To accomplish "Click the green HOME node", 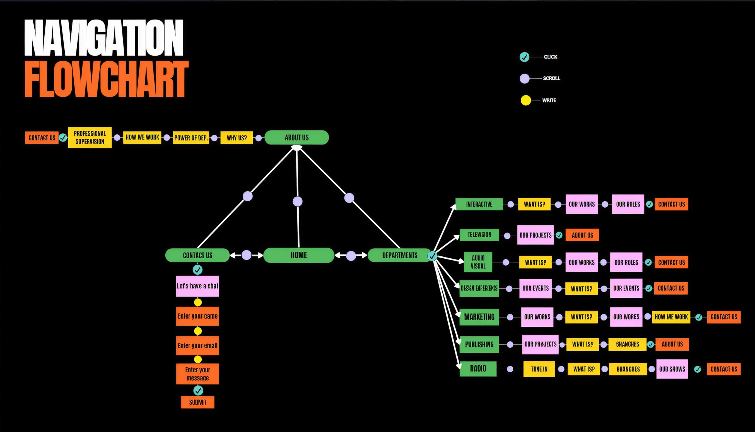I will [299, 255].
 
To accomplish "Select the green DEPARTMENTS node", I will [399, 256].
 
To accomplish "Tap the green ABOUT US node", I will [296, 137].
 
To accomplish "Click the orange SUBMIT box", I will [197, 402].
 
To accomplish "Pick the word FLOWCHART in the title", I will [106, 79].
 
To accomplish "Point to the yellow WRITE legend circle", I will [525, 100].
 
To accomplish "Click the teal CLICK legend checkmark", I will [524, 57].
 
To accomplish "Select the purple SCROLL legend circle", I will [525, 79].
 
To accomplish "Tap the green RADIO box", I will [478, 368].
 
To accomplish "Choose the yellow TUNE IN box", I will [539, 369].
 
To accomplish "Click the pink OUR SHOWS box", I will [672, 369].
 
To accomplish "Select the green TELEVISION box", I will [479, 235].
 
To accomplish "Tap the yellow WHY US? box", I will [237, 138].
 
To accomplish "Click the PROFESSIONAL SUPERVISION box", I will [90, 137].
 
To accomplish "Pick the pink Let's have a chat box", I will [197, 286].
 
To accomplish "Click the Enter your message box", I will [197, 373].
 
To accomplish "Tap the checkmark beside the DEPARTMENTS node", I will [432, 256].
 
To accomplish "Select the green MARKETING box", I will [479, 317].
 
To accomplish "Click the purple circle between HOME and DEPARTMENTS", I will [351, 256].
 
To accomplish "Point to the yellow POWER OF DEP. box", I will [191, 138].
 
